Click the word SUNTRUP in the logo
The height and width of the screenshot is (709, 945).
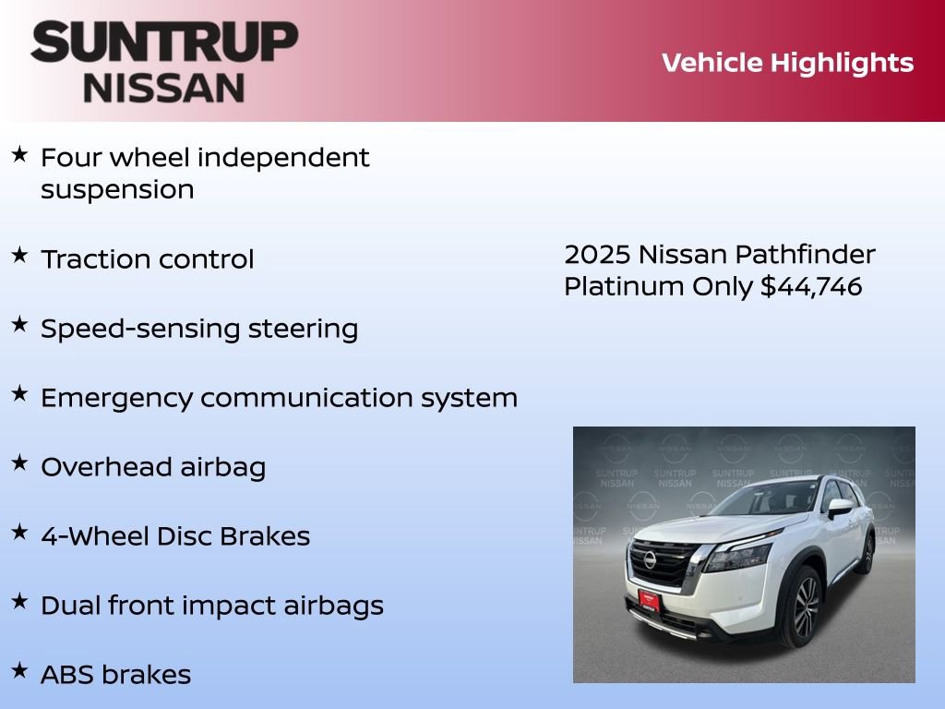pos(164,42)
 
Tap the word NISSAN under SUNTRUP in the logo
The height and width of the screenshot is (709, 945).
pos(164,88)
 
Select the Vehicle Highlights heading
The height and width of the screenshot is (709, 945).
pos(787,63)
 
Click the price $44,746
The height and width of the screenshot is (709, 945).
pos(811,287)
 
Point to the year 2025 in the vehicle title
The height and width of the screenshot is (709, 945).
pos(597,255)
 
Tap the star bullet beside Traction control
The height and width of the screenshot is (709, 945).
pos(19,255)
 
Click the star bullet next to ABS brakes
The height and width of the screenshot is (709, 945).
pos(19,670)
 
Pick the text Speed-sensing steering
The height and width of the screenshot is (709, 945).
pos(199,329)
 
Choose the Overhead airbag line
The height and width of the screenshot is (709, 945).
pos(153,467)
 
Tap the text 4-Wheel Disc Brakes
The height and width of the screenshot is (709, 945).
pos(175,536)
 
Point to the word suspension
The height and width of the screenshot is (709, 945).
pos(117,190)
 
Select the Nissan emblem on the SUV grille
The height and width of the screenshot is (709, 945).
pos(651,559)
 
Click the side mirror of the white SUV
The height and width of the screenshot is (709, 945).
pos(839,507)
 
